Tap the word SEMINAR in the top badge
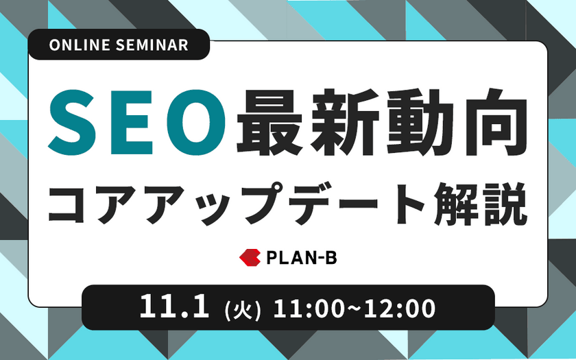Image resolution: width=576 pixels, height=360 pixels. pos(152,45)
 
